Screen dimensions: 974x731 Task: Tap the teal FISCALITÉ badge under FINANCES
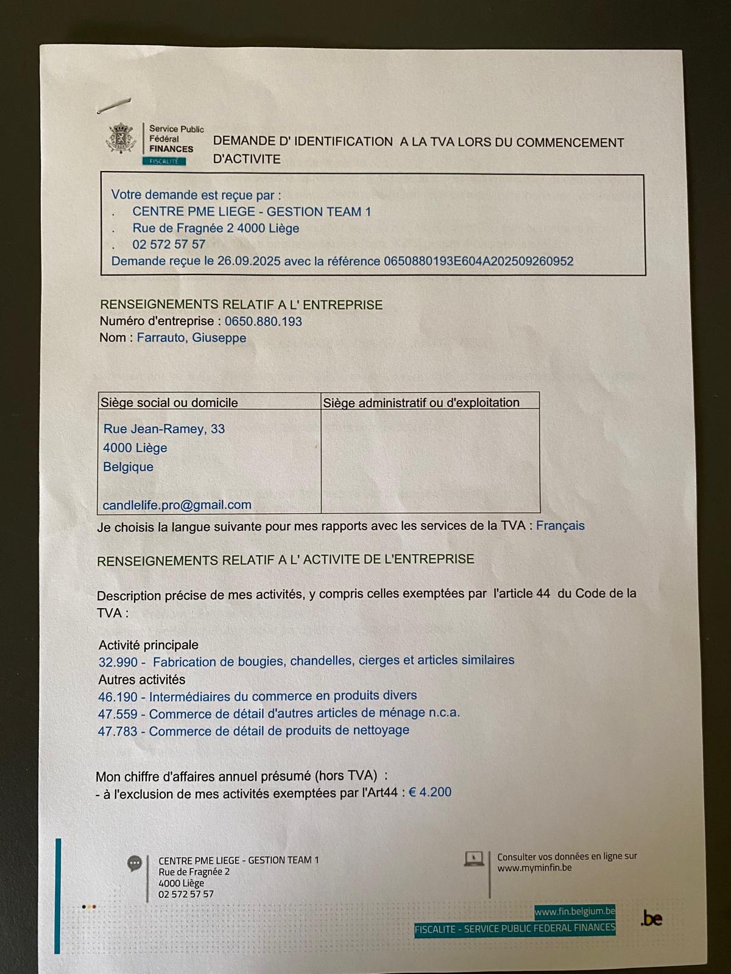click(164, 161)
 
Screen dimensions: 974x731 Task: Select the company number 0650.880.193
click(263, 321)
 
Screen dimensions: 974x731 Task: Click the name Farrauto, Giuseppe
click(191, 338)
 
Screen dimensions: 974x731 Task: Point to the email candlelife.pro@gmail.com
click(177, 505)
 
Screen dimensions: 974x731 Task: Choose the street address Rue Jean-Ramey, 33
click(164, 429)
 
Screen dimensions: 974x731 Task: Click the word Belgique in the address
click(128, 467)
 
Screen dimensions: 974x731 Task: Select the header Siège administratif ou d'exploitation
click(421, 402)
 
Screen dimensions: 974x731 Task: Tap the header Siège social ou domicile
click(169, 402)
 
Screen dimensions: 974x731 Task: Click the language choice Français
click(560, 525)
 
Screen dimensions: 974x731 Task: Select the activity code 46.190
click(118, 696)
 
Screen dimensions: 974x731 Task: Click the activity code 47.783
click(118, 731)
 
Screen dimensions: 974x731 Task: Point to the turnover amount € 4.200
click(430, 792)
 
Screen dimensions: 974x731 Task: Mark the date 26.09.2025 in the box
click(249, 261)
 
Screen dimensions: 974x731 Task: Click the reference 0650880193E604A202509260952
click(478, 261)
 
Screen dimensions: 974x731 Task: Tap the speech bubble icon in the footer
click(135, 863)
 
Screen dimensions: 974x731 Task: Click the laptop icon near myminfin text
click(474, 859)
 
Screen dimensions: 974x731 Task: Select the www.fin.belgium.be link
click(574, 911)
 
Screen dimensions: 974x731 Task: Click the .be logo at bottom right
click(651, 919)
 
